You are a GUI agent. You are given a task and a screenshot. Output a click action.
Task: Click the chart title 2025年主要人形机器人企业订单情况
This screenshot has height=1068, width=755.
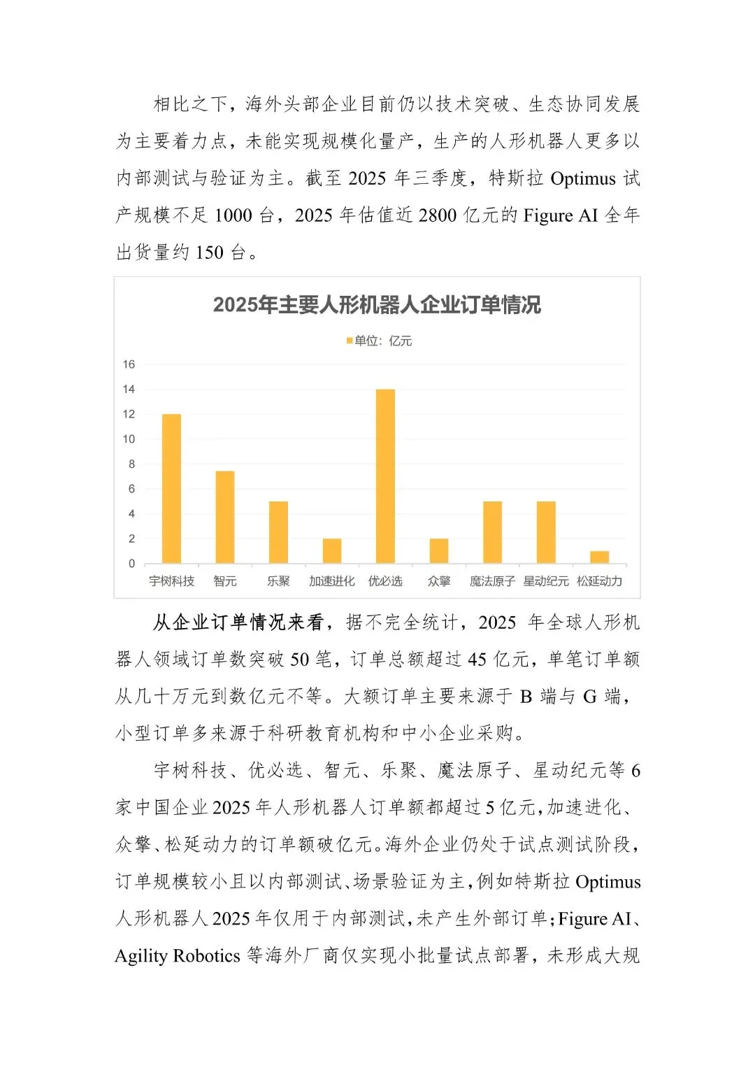coord(377,305)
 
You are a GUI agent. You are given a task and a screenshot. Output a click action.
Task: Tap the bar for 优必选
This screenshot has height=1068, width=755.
coord(385,476)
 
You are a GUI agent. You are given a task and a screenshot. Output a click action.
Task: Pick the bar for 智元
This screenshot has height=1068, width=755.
coord(225,517)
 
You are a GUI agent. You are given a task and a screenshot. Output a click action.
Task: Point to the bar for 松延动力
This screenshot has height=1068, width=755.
coord(599,557)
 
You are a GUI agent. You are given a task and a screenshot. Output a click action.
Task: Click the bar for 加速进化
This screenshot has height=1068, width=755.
coord(332,551)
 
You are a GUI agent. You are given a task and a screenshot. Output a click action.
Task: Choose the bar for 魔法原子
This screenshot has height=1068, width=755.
coord(492,532)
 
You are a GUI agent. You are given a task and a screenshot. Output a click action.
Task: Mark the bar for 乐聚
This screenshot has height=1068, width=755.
coord(278,532)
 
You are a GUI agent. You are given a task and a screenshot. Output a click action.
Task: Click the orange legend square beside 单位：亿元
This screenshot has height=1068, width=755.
coord(350,341)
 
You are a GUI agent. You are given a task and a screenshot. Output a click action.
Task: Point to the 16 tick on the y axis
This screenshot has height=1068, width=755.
coord(129,364)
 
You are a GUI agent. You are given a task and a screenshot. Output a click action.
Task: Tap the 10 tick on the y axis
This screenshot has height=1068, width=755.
coord(129,439)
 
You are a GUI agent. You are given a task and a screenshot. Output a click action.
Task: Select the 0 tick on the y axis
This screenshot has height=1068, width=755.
coord(131,564)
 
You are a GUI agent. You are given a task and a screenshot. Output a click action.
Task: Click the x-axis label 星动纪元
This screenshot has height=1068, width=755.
coord(546,581)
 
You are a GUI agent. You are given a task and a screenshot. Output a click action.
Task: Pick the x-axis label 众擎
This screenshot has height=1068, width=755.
coord(439,581)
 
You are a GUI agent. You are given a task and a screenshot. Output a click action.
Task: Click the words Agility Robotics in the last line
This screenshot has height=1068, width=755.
coord(178,955)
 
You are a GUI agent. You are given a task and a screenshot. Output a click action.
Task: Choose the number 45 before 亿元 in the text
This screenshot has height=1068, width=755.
coord(477,659)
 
